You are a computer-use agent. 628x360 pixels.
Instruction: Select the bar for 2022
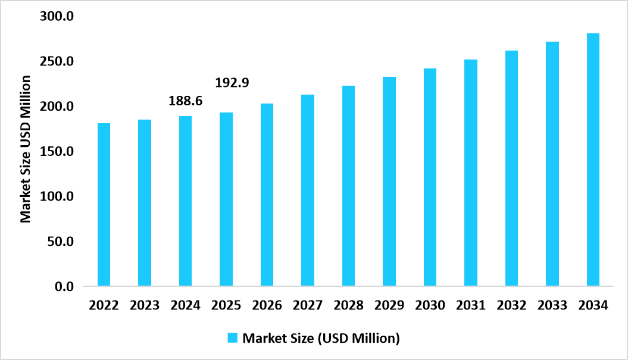click(x=104, y=205)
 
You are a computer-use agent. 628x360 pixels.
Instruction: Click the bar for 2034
click(x=593, y=160)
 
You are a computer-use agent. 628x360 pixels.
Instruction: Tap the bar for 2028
click(x=348, y=186)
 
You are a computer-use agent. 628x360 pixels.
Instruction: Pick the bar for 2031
click(x=471, y=173)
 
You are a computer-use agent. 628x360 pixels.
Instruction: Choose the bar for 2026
click(x=267, y=195)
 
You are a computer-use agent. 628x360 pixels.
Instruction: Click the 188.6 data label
click(x=186, y=101)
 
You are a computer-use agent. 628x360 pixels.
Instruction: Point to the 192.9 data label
click(x=232, y=83)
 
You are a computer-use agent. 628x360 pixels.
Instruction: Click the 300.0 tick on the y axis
click(x=57, y=17)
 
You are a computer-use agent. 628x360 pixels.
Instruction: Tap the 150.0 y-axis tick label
click(x=57, y=152)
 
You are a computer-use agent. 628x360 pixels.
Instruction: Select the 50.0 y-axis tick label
click(x=60, y=242)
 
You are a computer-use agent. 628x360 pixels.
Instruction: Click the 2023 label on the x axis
click(x=145, y=306)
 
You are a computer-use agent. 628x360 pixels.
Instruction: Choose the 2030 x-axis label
click(x=430, y=306)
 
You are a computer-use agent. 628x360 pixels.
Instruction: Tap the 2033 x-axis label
click(x=552, y=306)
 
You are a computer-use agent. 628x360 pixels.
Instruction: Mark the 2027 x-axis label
click(x=308, y=306)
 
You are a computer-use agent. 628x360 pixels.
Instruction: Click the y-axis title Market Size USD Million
click(x=26, y=149)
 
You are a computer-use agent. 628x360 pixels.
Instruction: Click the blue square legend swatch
click(x=233, y=338)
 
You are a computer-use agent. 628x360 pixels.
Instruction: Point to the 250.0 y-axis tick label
click(x=57, y=62)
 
